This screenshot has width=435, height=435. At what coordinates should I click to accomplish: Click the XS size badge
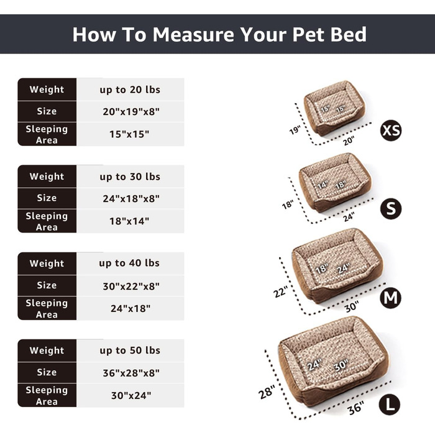tap(391, 130)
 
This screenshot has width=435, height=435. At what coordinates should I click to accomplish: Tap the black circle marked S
tap(391, 209)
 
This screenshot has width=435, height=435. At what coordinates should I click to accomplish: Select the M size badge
tap(391, 298)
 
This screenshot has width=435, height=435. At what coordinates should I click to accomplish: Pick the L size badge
tap(390, 405)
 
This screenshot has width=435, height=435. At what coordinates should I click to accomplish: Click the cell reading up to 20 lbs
tap(130, 89)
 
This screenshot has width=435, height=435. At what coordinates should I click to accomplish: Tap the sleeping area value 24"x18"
tap(130, 308)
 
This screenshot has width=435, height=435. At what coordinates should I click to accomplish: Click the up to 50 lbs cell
tap(130, 350)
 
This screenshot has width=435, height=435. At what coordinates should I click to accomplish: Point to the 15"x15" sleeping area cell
tap(129, 134)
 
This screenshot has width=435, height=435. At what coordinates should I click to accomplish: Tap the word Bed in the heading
tap(349, 34)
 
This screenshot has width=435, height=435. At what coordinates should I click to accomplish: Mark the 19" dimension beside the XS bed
tap(295, 130)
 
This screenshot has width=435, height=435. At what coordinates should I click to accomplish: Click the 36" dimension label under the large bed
tap(355, 408)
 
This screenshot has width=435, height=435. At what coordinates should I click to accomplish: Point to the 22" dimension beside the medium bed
tap(280, 292)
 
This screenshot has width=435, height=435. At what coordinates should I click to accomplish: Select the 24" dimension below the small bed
tap(349, 217)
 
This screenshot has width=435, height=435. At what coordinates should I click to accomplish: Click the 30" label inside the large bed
tap(341, 365)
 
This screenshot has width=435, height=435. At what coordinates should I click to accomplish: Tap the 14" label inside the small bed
tap(323, 185)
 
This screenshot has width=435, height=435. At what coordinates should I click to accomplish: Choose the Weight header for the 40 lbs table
tap(47, 263)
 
